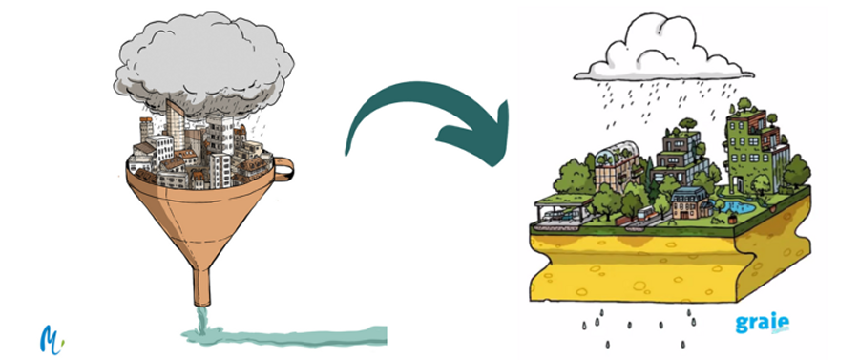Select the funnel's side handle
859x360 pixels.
pos(283,171)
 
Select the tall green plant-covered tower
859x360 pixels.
pos(748,143)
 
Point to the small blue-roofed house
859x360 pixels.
pos(688,201)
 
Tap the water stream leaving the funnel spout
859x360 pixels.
pos(199,315)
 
